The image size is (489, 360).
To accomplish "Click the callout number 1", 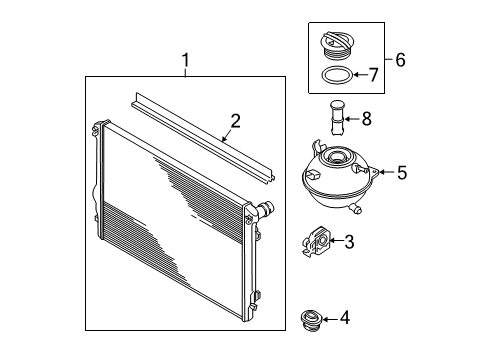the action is (x=185, y=61).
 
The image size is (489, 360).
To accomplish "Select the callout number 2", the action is (x=235, y=121).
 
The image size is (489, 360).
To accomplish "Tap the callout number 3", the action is (x=349, y=242).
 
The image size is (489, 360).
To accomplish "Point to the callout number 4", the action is (x=345, y=318).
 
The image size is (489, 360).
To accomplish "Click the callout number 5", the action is (x=402, y=173).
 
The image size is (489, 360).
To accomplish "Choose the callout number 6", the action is (x=400, y=60).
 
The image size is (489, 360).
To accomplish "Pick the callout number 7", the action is (x=373, y=75).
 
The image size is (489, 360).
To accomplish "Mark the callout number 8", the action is (x=367, y=118).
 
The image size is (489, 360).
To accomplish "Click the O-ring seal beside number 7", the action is (x=337, y=76).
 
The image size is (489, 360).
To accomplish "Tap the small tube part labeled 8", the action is (x=336, y=118).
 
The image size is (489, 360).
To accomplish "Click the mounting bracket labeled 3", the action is (x=316, y=242).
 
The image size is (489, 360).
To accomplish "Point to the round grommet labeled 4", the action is (x=310, y=320).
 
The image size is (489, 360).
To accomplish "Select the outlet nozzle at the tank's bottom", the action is (x=355, y=209).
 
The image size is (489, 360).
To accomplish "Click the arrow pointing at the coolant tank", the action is (x=386, y=172).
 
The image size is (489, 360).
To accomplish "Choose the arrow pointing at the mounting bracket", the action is (x=336, y=241).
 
